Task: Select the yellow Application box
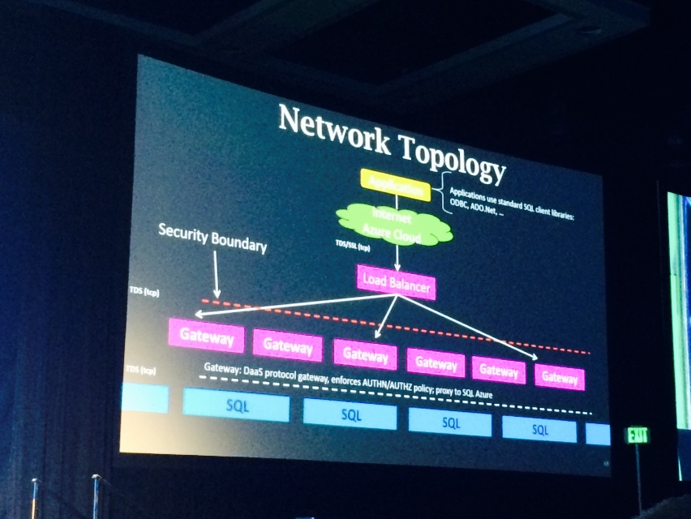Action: pyautogui.click(x=395, y=184)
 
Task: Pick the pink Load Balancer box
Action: pyautogui.click(x=396, y=284)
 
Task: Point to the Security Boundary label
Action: pyautogui.click(x=212, y=238)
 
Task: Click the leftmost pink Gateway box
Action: pyautogui.click(x=206, y=336)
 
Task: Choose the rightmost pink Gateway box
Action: pyautogui.click(x=560, y=377)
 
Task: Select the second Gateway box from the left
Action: pyautogui.click(x=287, y=346)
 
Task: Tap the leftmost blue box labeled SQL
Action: pyautogui.click(x=236, y=404)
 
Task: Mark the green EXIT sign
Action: pyautogui.click(x=637, y=435)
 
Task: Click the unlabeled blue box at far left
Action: pyautogui.click(x=144, y=398)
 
